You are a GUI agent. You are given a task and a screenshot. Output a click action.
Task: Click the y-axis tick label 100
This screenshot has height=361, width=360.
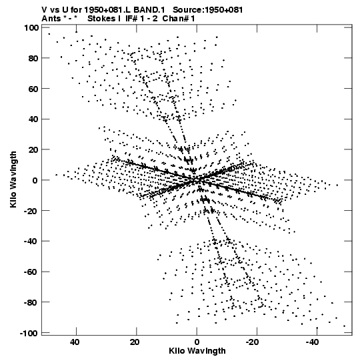31,28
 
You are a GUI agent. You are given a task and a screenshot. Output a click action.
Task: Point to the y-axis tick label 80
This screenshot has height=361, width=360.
33,58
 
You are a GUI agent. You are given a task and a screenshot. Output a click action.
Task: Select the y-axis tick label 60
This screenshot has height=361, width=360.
33,89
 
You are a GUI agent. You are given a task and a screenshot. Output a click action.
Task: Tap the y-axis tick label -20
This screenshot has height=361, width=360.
31,211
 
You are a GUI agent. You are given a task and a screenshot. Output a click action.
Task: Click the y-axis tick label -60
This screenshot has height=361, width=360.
31,272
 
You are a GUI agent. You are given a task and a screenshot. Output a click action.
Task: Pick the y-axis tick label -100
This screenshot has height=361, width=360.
29,333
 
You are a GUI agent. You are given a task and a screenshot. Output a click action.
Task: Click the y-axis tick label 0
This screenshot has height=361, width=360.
35,180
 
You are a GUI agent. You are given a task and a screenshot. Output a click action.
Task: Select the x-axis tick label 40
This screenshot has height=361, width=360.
75,342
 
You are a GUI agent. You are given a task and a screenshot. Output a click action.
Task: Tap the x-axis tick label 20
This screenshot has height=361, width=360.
135,342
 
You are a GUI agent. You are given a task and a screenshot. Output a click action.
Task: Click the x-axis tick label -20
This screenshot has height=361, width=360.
253,342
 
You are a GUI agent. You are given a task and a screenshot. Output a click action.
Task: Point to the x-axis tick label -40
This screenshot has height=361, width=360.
313,342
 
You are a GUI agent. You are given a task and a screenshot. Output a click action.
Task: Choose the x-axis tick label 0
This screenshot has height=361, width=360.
197,342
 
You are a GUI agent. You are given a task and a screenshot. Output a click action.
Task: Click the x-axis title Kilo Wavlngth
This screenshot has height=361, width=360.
197,351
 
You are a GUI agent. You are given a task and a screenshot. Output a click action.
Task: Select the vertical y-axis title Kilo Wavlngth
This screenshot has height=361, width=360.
13,179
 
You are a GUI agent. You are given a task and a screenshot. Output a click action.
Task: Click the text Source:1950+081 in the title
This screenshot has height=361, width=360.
207,10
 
